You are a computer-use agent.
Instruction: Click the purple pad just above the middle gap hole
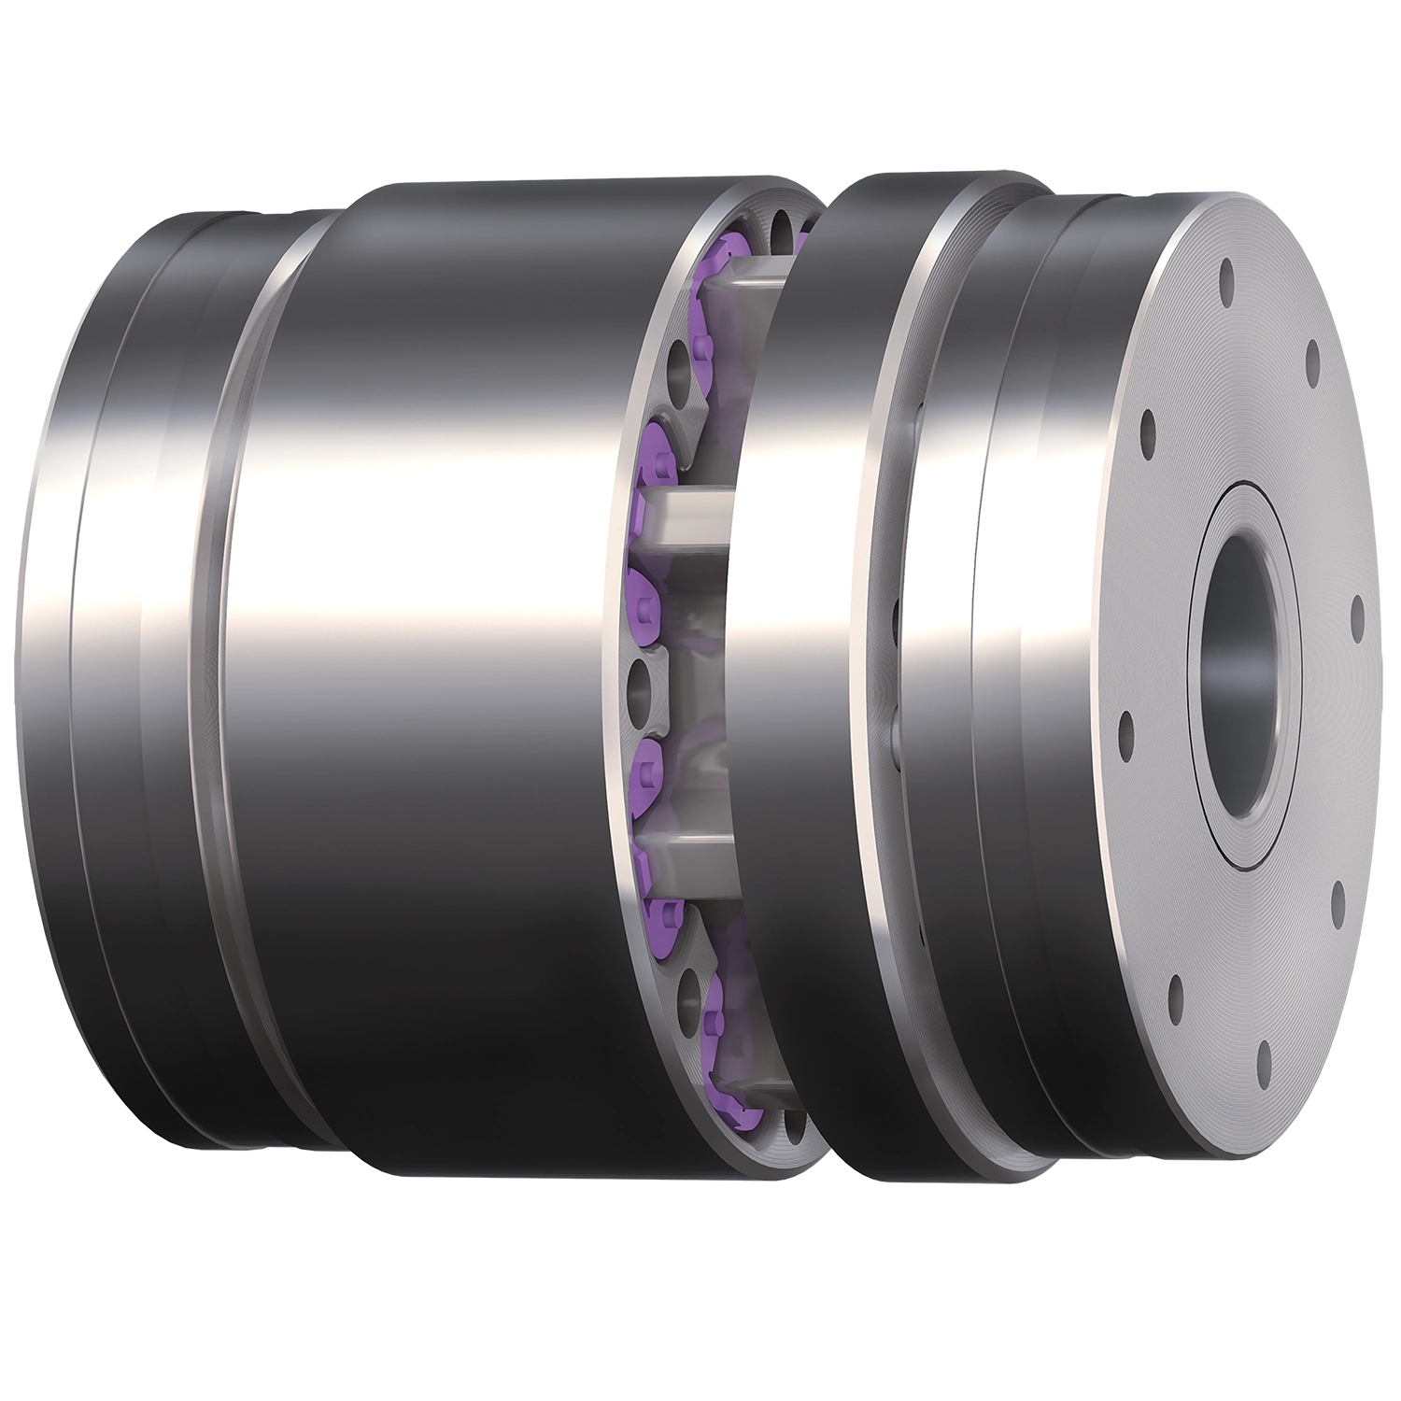(x=646, y=595)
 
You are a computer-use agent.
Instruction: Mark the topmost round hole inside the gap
(x=783, y=227)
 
